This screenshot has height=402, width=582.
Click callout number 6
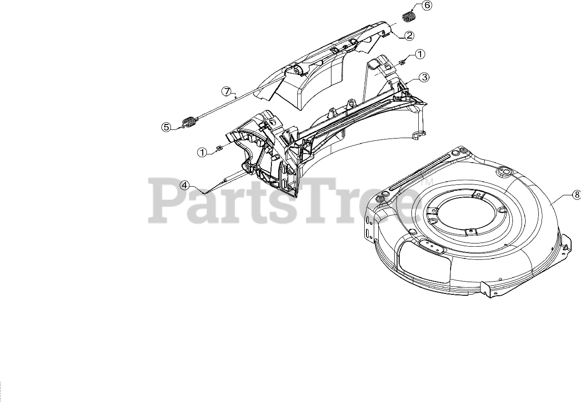426,5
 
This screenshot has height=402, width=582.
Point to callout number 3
423,77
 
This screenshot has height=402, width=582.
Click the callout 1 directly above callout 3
419,54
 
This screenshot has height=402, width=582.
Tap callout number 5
167,127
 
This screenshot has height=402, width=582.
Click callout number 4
184,185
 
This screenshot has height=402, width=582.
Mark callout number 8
576,194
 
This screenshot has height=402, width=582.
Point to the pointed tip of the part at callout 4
204,193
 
